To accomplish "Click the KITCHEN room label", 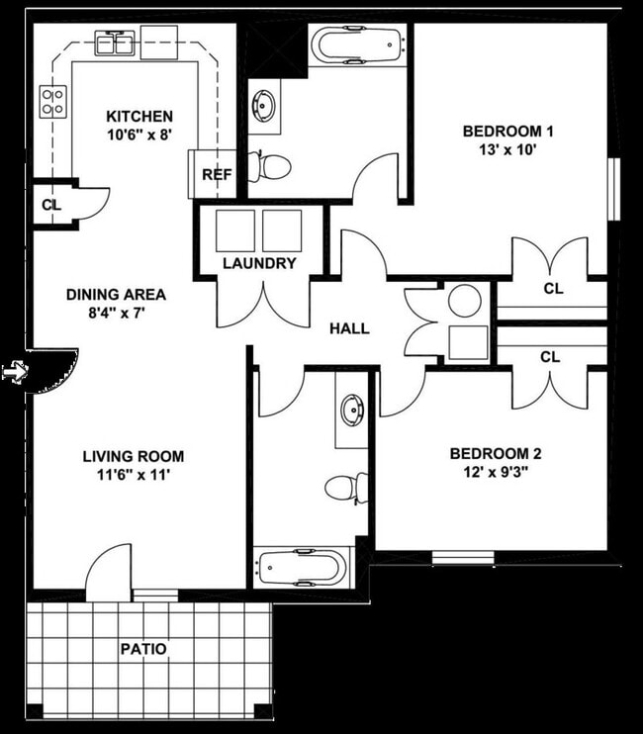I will (139, 116).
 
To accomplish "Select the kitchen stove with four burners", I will (52, 100).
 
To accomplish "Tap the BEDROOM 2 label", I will (495, 454).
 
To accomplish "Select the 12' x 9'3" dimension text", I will (495, 473).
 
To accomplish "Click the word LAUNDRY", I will (259, 263).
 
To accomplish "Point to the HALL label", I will (349, 328).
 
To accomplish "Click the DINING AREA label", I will (115, 294).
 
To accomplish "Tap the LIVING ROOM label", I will (133, 456).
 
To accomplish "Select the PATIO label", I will (143, 650).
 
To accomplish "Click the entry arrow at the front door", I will (13, 372).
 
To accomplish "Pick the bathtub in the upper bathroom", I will (357, 45).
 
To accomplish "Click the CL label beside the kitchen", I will (50, 205).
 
